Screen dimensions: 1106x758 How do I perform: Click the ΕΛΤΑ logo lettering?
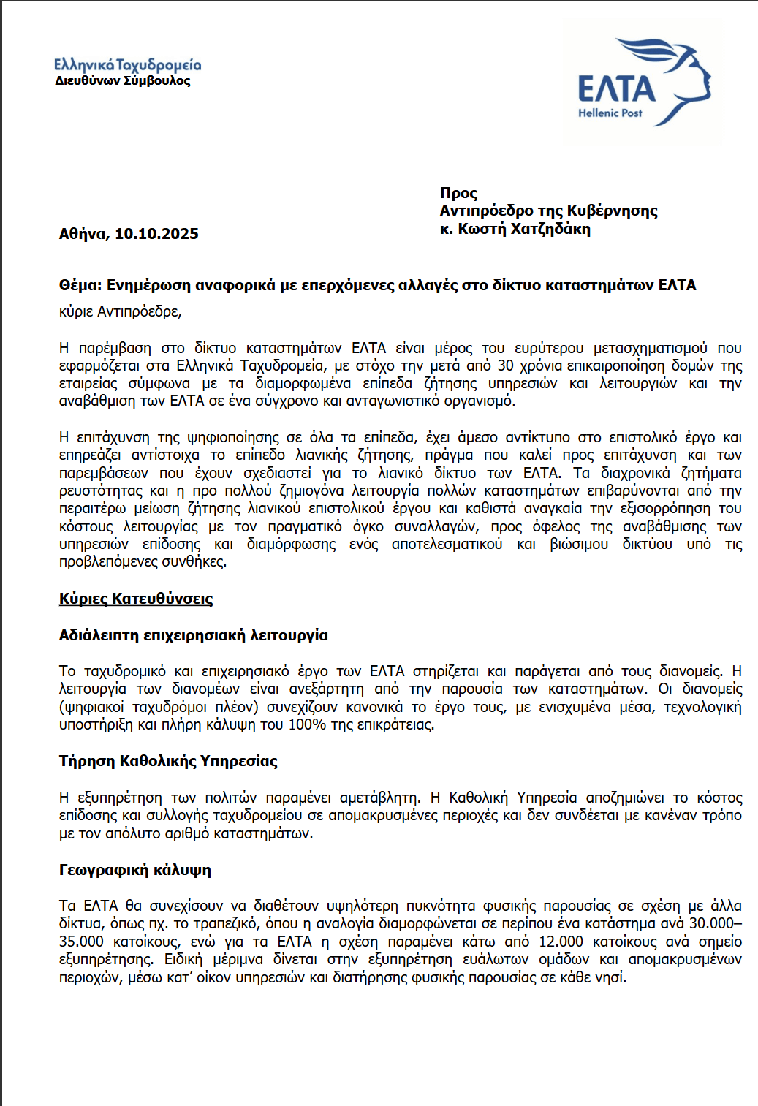click(616, 88)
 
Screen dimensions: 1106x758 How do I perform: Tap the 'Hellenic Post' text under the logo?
click(610, 113)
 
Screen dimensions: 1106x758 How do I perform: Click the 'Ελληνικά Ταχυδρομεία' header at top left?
click(127, 65)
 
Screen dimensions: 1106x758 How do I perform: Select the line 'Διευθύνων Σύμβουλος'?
click(123, 81)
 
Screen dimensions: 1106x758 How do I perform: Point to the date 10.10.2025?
click(156, 234)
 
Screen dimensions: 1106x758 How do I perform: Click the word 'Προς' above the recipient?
click(458, 193)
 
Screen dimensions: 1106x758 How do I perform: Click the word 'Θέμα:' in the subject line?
click(80, 285)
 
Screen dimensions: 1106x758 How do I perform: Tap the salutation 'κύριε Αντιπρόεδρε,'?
click(121, 311)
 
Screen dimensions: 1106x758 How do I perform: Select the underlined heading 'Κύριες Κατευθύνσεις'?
click(136, 599)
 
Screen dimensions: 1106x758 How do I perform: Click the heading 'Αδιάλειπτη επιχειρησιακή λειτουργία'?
click(193, 635)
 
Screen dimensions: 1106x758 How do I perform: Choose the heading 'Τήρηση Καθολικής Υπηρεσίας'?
click(168, 761)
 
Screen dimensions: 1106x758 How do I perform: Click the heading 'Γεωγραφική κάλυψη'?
click(135, 870)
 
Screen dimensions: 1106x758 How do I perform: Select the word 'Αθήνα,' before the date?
click(84, 234)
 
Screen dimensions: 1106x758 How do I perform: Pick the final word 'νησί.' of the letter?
click(611, 977)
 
